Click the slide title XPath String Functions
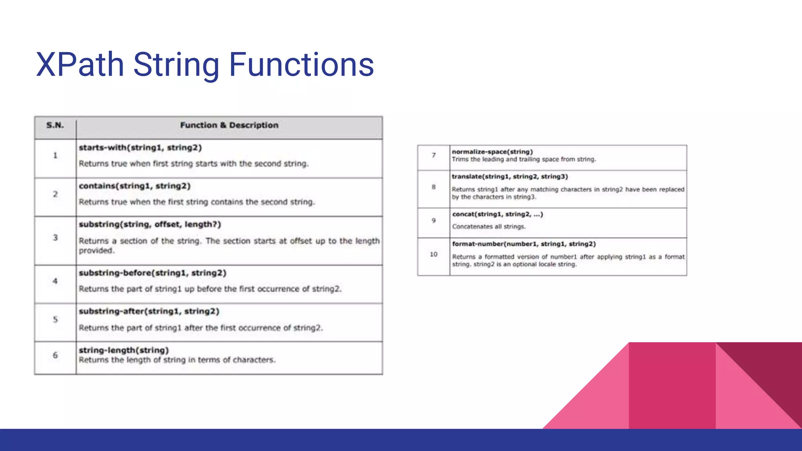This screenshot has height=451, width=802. pyautogui.click(x=205, y=65)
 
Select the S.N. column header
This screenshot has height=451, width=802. pyautogui.click(x=55, y=125)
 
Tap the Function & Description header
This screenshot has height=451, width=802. pyautogui.click(x=229, y=125)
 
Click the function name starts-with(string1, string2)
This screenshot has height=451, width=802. pyautogui.click(x=140, y=148)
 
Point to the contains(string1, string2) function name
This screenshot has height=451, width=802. pyautogui.click(x=135, y=186)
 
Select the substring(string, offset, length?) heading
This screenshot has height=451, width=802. pyautogui.click(x=150, y=224)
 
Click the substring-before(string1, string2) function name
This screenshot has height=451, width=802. pyautogui.click(x=153, y=273)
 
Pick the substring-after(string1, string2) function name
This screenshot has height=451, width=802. pyautogui.click(x=149, y=311)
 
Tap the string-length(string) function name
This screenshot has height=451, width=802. pyautogui.click(x=124, y=350)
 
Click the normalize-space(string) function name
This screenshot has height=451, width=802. pyautogui.click(x=492, y=152)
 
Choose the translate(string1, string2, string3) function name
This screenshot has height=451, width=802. pyautogui.click(x=510, y=177)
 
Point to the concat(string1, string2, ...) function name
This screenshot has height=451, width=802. pyautogui.click(x=497, y=214)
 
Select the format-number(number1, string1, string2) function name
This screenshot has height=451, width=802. pyautogui.click(x=524, y=244)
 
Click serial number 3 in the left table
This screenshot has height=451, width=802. pyautogui.click(x=55, y=238)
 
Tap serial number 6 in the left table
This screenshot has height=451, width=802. pyautogui.click(x=55, y=355)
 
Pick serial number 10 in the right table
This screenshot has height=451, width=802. pyautogui.click(x=434, y=254)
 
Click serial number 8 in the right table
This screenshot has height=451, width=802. pyautogui.click(x=434, y=187)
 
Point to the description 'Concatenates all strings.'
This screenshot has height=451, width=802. pyautogui.click(x=489, y=227)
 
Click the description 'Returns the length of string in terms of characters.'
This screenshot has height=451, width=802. pyautogui.click(x=177, y=360)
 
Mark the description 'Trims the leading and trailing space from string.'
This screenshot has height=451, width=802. pyautogui.click(x=524, y=159)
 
